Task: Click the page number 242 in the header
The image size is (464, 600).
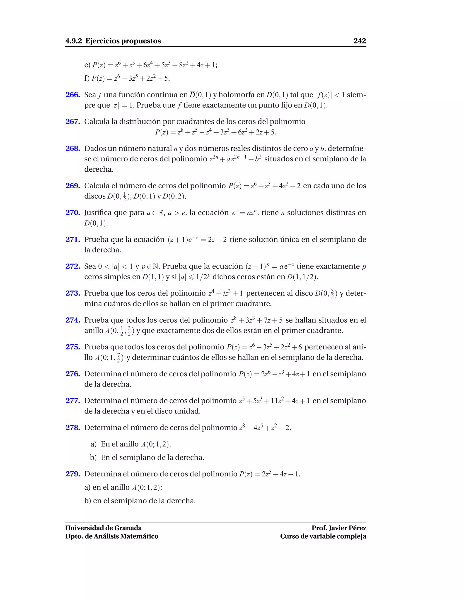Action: [360, 41]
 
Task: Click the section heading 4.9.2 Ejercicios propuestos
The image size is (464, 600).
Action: [113, 41]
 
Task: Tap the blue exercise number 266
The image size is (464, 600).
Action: [72, 95]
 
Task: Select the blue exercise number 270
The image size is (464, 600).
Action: [72, 213]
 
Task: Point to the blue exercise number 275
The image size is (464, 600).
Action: [72, 347]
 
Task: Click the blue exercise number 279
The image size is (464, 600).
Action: [72, 474]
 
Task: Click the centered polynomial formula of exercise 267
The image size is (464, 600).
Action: [215, 132]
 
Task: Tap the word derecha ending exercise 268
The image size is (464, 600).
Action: [99, 170]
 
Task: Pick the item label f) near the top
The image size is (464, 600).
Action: [87, 79]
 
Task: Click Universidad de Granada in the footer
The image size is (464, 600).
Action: [103, 528]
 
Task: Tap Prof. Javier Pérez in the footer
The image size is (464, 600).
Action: [339, 528]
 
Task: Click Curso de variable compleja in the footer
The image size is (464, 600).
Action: [323, 536]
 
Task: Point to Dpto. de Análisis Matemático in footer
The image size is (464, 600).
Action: [112, 536]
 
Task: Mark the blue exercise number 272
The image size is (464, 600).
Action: [72, 266]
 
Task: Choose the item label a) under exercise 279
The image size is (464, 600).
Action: [87, 487]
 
